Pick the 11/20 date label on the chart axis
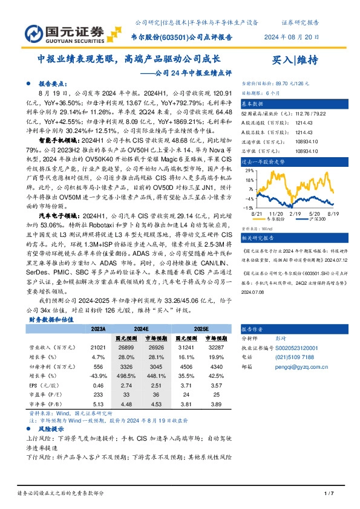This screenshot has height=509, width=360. (x=277, y=213)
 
